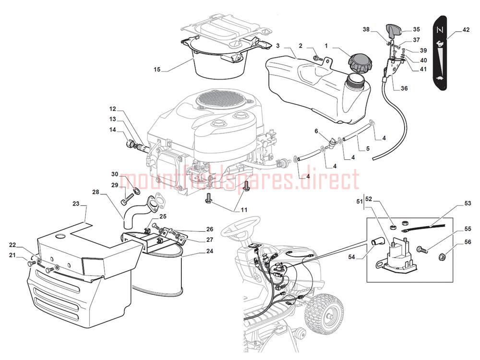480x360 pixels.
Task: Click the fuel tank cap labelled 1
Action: (360, 63)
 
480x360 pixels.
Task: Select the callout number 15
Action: (157, 70)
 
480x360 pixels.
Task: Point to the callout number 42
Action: (466, 30)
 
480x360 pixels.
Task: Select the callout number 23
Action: (76, 204)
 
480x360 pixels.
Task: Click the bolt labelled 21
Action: (31, 263)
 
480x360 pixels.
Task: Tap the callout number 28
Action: (96, 192)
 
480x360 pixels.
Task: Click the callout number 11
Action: (244, 210)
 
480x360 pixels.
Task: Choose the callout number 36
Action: (404, 88)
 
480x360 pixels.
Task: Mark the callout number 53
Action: (468, 203)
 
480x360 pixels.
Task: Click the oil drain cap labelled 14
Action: (130, 144)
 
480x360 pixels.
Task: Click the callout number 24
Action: (209, 251)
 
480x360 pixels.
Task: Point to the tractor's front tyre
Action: (324, 313)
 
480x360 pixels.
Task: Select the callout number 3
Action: (277, 46)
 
